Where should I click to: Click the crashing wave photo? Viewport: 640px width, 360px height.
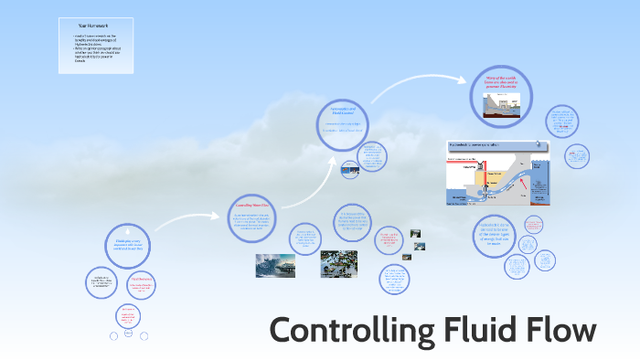(x=275, y=265)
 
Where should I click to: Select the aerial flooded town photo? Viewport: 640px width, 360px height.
(x=338, y=264)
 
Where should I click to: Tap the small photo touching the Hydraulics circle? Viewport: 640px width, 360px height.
(x=351, y=168)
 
